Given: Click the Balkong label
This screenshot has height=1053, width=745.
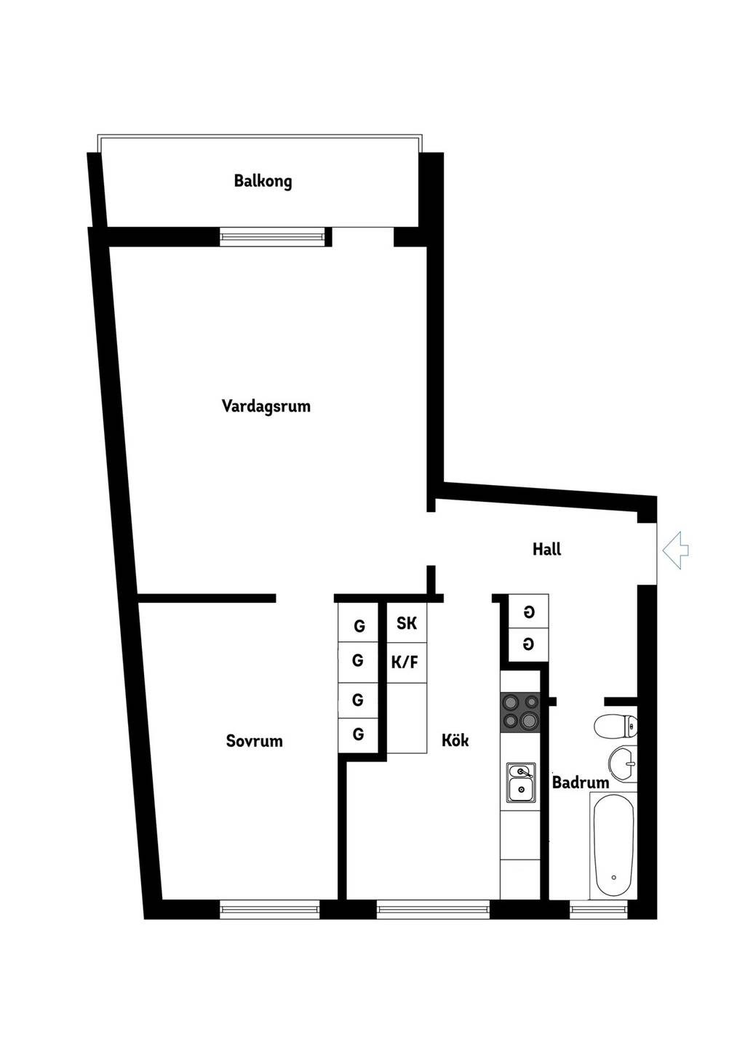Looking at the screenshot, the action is click(x=263, y=182).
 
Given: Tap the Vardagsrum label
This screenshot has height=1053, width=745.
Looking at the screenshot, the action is click(x=266, y=407).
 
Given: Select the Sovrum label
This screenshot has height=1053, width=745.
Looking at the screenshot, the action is click(x=255, y=741).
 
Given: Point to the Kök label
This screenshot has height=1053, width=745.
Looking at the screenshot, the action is click(x=455, y=740).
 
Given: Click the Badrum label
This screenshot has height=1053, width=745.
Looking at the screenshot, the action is click(x=581, y=782).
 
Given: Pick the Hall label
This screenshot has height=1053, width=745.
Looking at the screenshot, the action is click(x=546, y=549).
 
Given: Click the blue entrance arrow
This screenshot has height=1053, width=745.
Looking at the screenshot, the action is click(x=675, y=550).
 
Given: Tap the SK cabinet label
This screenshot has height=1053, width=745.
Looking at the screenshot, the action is click(x=407, y=623).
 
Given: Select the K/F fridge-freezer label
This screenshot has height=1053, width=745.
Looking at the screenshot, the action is click(x=405, y=662).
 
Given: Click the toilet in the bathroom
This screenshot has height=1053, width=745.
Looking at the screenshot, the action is click(x=615, y=726).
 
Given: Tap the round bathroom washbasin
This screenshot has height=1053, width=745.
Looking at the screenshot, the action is click(x=623, y=764).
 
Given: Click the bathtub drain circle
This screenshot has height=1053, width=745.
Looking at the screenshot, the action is click(x=613, y=878).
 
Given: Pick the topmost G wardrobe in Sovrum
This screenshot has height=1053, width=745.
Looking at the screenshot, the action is click(x=359, y=625).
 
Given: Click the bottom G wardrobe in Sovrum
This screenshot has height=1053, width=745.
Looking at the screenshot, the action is click(x=359, y=735).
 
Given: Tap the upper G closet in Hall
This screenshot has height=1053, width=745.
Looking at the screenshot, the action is click(x=529, y=612).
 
